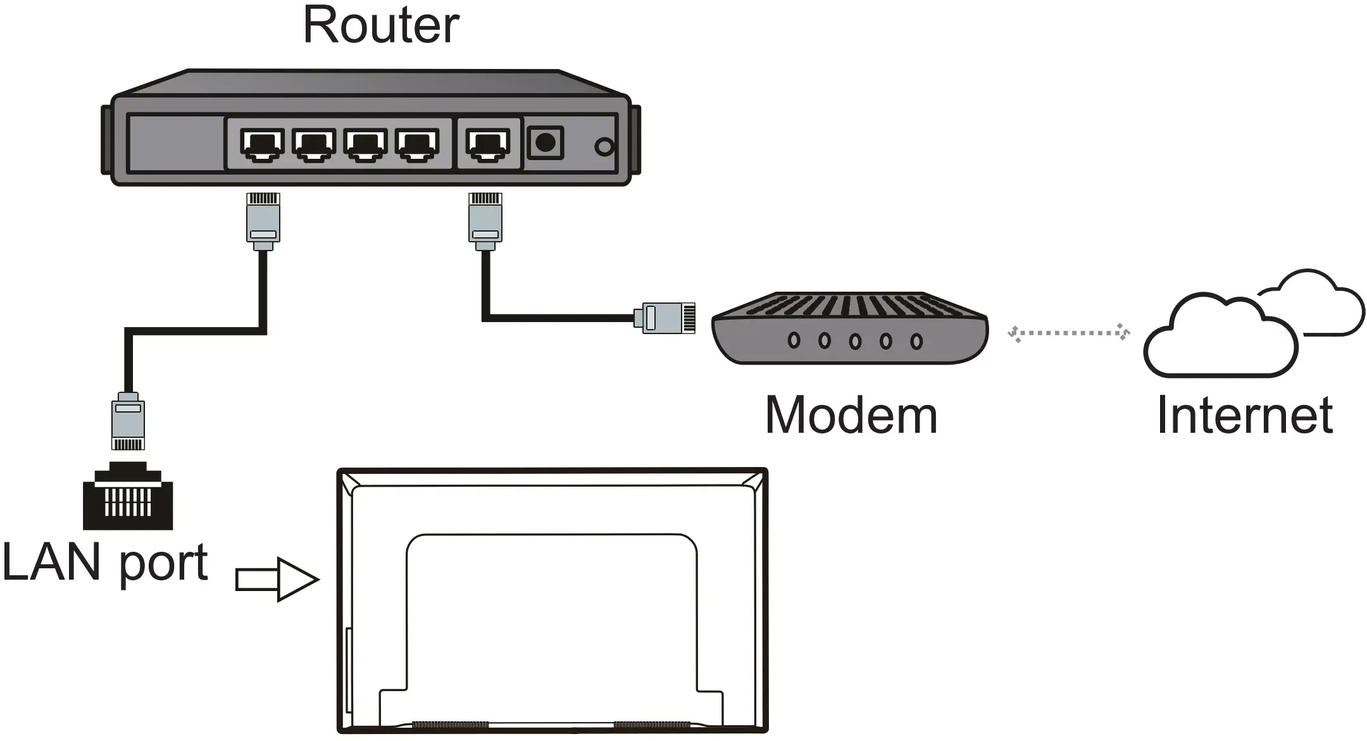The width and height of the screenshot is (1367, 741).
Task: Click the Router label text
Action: pyautogui.click(x=381, y=25)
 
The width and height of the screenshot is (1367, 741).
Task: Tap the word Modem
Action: pyautogui.click(x=851, y=415)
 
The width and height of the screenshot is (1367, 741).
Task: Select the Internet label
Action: pyautogui.click(x=1244, y=415)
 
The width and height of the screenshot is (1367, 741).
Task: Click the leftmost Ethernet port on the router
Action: pyautogui.click(x=262, y=144)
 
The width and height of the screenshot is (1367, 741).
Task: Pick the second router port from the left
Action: pyautogui.click(x=314, y=144)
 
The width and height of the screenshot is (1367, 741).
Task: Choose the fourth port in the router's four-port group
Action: pyautogui.click(x=417, y=144)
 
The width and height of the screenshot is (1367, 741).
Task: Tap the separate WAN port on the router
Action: pyautogui.click(x=487, y=144)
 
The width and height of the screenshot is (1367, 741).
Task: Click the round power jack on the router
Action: pyautogui.click(x=545, y=142)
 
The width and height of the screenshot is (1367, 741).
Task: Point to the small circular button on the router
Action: pyautogui.click(x=604, y=147)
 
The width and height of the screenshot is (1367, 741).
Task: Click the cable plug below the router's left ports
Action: pyautogui.click(x=263, y=219)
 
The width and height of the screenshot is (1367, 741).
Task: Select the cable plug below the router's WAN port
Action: pyautogui.click(x=485, y=219)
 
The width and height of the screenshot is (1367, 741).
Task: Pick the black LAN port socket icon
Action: pyautogui.click(x=128, y=497)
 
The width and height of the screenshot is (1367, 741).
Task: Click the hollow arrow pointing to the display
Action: pyautogui.click(x=277, y=579)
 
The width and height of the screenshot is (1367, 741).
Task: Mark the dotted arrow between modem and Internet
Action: pyautogui.click(x=1068, y=333)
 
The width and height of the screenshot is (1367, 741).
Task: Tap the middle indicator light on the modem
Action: pyautogui.click(x=855, y=341)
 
